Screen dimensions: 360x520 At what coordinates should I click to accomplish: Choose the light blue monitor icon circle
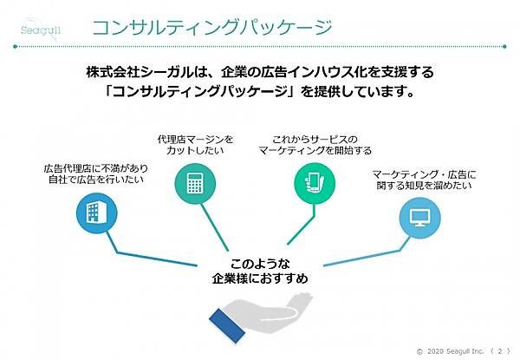418,213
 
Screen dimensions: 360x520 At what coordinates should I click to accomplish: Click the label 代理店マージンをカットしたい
195,144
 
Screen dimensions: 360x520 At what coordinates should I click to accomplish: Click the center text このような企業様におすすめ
259,272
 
